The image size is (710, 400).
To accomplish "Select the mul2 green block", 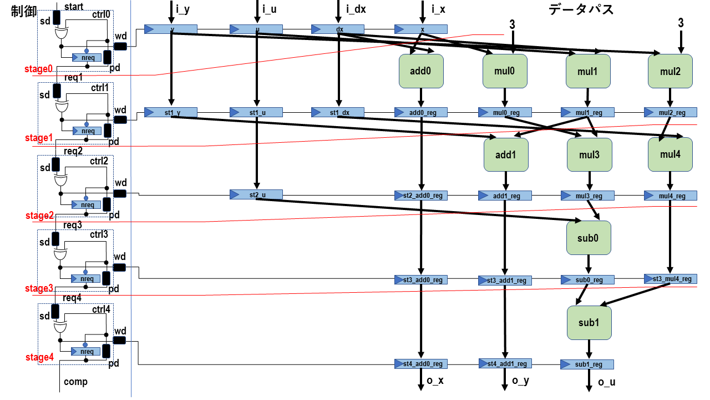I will pos(670,71).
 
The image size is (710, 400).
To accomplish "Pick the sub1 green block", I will pos(589,322).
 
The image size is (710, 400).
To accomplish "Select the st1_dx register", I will pos(338,113).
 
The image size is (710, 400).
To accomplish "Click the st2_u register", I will pos(256,194).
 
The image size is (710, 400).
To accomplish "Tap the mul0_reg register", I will pos(505,113).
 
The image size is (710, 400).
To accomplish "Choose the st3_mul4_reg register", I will pos(670,279).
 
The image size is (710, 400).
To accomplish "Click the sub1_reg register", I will pos(587,364).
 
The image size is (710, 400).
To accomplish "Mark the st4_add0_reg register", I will pos(420,364).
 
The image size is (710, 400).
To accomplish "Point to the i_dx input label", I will pos(356,9).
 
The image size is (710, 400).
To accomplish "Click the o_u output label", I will pos(607,382).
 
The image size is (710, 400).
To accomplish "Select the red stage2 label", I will pos(39,216).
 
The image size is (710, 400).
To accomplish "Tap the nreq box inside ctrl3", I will pos(87,278).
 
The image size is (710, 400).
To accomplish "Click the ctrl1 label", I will pos(100,87).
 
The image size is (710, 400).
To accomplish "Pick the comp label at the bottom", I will pos(75,382).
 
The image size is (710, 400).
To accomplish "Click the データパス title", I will pos(581,9).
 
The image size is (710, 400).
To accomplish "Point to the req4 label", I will pos(72,298).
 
